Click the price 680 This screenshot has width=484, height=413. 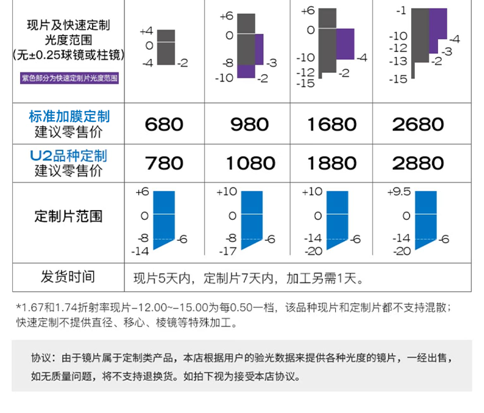tap(164, 124)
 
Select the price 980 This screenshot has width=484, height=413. tap(249, 124)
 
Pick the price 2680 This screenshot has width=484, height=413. tap(418, 124)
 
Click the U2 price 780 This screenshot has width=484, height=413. tap(164, 163)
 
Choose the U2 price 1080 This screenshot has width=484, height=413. tap(249, 163)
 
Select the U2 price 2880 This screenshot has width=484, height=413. tap(418, 163)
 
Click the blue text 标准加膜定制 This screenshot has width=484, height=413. tap(69, 116)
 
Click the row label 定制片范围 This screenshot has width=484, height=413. tap(69, 216)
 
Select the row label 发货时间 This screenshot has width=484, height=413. tap(69, 276)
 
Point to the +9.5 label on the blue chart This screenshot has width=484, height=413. tap(399, 191)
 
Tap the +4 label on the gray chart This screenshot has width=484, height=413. tap(146, 31)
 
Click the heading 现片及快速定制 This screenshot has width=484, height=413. tap(69, 26)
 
